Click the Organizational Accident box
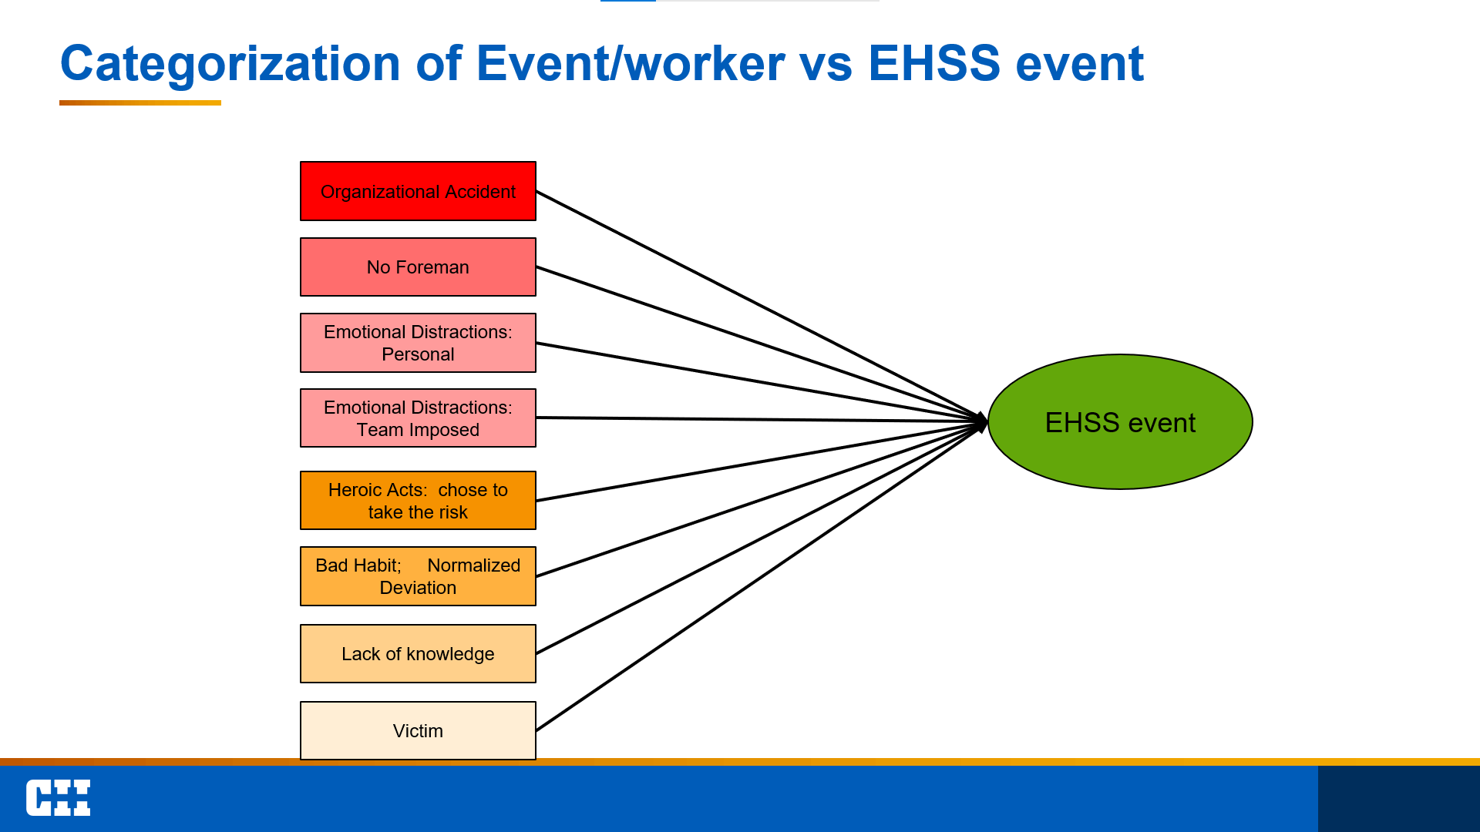tap(418, 191)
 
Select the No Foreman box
tap(418, 267)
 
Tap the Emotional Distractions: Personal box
tap(418, 343)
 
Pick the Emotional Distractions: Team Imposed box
tap(418, 418)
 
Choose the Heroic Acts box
tap(418, 501)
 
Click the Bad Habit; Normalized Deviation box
tap(418, 576)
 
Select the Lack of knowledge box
tap(418, 654)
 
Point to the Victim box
tap(418, 730)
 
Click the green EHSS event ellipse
tap(1120, 422)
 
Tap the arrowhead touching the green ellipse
tap(982, 422)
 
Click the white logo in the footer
tap(58, 797)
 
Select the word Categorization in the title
tap(230, 63)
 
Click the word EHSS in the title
tap(933, 63)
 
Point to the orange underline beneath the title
tap(140, 102)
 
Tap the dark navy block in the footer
tap(1398, 799)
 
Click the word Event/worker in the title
tap(631, 63)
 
